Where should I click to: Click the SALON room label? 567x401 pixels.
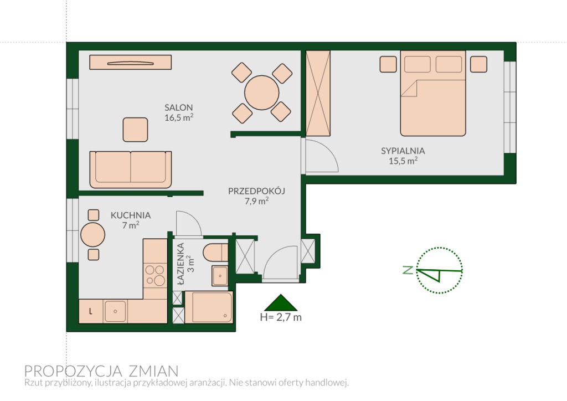(179, 107)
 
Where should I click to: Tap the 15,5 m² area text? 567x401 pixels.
(403, 161)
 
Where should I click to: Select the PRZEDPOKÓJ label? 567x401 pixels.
(257, 191)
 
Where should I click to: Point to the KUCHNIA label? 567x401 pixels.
(131, 215)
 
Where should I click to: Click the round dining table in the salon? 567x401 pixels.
(261, 92)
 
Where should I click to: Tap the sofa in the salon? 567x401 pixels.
(131, 169)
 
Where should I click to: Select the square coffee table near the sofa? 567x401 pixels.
(135, 130)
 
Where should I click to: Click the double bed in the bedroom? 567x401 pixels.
(433, 93)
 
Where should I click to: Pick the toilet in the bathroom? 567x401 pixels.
(215, 253)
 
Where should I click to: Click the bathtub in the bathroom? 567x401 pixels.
(209, 307)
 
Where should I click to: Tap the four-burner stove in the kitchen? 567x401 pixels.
(154, 275)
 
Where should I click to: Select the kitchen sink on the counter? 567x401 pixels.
(115, 311)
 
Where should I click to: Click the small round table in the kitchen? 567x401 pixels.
(93, 235)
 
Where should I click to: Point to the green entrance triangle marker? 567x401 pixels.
(281, 303)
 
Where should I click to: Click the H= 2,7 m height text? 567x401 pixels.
(281, 317)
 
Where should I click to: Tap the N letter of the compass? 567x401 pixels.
(408, 270)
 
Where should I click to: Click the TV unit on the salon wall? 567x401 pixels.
(131, 62)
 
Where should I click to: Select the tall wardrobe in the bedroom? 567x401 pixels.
(318, 93)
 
